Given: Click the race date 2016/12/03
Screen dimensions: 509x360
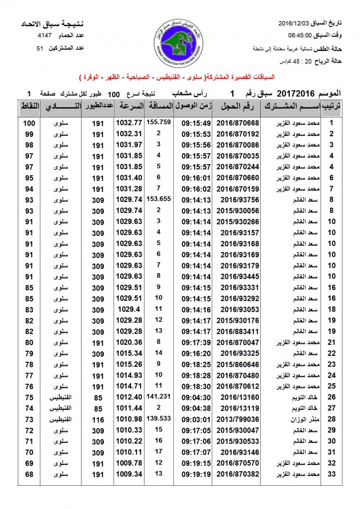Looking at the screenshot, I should [x=293, y=22].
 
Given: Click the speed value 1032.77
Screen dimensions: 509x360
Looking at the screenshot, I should [x=128, y=123].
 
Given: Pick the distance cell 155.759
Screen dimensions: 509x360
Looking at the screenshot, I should [x=158, y=122].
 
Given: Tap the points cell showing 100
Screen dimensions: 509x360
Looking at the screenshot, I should [x=29, y=123].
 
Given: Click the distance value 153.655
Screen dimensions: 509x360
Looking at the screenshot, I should [x=158, y=199].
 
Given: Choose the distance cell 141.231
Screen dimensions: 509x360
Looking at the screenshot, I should [x=158, y=397].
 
